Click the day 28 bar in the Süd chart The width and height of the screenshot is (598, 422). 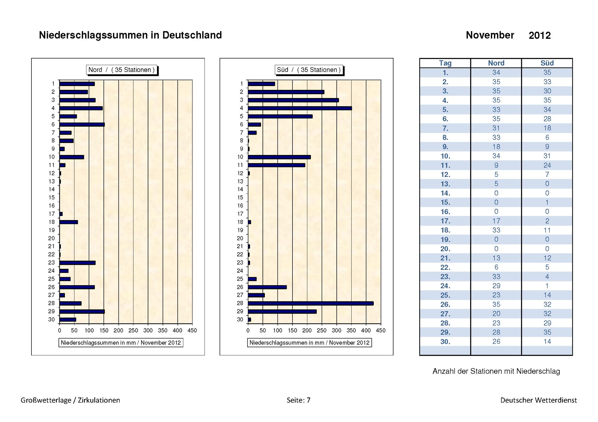(x=311, y=303)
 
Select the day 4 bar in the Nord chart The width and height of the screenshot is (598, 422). (x=81, y=108)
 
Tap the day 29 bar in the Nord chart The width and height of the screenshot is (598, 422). (x=82, y=311)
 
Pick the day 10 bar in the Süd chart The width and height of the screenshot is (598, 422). (x=279, y=157)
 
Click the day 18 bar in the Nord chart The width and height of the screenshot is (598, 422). (x=68, y=222)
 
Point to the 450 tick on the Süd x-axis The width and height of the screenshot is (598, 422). (x=381, y=331)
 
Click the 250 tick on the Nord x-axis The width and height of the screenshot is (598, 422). (x=133, y=331)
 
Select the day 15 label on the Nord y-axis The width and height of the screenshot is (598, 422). (x=52, y=197)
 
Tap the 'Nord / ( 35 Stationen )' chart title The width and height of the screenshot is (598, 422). (x=121, y=70)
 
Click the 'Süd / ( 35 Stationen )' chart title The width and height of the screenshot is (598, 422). (x=309, y=70)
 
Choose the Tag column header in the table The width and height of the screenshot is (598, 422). (x=445, y=63)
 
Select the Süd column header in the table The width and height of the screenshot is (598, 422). (x=547, y=63)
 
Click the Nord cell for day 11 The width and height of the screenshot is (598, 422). (x=496, y=165)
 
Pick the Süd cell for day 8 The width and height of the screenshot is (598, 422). (x=547, y=137)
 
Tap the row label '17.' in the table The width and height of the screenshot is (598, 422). (x=445, y=221)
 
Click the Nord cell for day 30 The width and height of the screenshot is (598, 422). (x=496, y=341)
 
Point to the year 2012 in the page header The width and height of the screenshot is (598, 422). (x=540, y=36)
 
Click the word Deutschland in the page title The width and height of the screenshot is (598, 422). (x=192, y=35)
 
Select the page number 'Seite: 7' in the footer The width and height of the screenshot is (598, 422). (x=298, y=400)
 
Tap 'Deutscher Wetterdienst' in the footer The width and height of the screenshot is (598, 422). (x=539, y=400)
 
